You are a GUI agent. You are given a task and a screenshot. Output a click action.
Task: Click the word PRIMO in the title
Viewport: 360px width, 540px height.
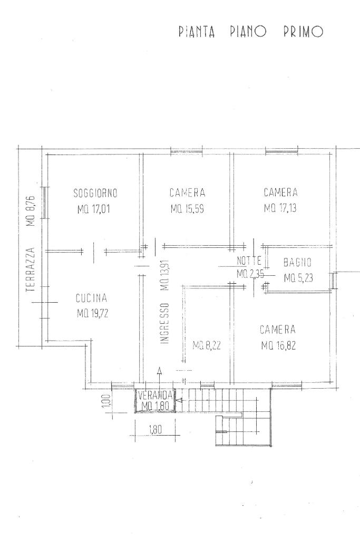pos(303,32)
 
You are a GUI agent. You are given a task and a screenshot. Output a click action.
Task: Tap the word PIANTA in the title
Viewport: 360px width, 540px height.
pos(197,32)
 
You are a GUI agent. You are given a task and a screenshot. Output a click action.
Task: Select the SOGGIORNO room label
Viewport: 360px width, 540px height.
pos(95,193)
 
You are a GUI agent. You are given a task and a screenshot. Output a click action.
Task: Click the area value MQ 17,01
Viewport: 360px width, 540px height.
pos(94,209)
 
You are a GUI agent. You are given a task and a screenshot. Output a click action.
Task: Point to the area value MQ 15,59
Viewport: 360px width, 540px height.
pos(187,209)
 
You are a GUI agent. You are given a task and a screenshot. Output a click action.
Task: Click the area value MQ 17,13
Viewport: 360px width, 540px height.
pos(280,208)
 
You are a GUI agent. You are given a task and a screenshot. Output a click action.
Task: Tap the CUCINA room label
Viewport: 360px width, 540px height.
pos(92,298)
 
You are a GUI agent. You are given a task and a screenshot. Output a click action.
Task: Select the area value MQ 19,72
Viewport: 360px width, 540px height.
pos(93,313)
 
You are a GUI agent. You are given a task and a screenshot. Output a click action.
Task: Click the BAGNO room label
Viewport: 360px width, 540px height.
pos(297,263)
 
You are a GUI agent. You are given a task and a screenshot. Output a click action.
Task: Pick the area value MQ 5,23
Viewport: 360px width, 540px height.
pos(298,277)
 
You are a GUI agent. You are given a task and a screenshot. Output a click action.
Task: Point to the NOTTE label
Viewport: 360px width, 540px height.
pos(249,261)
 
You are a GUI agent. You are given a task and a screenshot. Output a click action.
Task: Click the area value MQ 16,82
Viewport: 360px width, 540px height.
pos(278,345)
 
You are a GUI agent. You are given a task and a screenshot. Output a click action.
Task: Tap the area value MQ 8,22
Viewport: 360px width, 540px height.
pos(207,345)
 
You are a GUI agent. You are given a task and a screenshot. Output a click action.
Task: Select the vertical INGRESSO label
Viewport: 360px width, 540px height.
pos(165,323)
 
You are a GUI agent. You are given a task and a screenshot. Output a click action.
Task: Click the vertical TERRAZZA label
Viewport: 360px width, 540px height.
pos(31,269)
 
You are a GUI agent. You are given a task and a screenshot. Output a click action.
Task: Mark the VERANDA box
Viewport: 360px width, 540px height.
pos(155,401)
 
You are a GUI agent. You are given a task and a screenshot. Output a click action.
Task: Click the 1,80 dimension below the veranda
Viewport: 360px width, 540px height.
pos(155,429)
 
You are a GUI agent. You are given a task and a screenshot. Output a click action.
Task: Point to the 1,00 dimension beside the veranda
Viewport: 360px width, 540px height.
pos(106,401)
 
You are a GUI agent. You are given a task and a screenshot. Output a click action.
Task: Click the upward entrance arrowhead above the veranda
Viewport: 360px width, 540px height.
pos(159,371)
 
